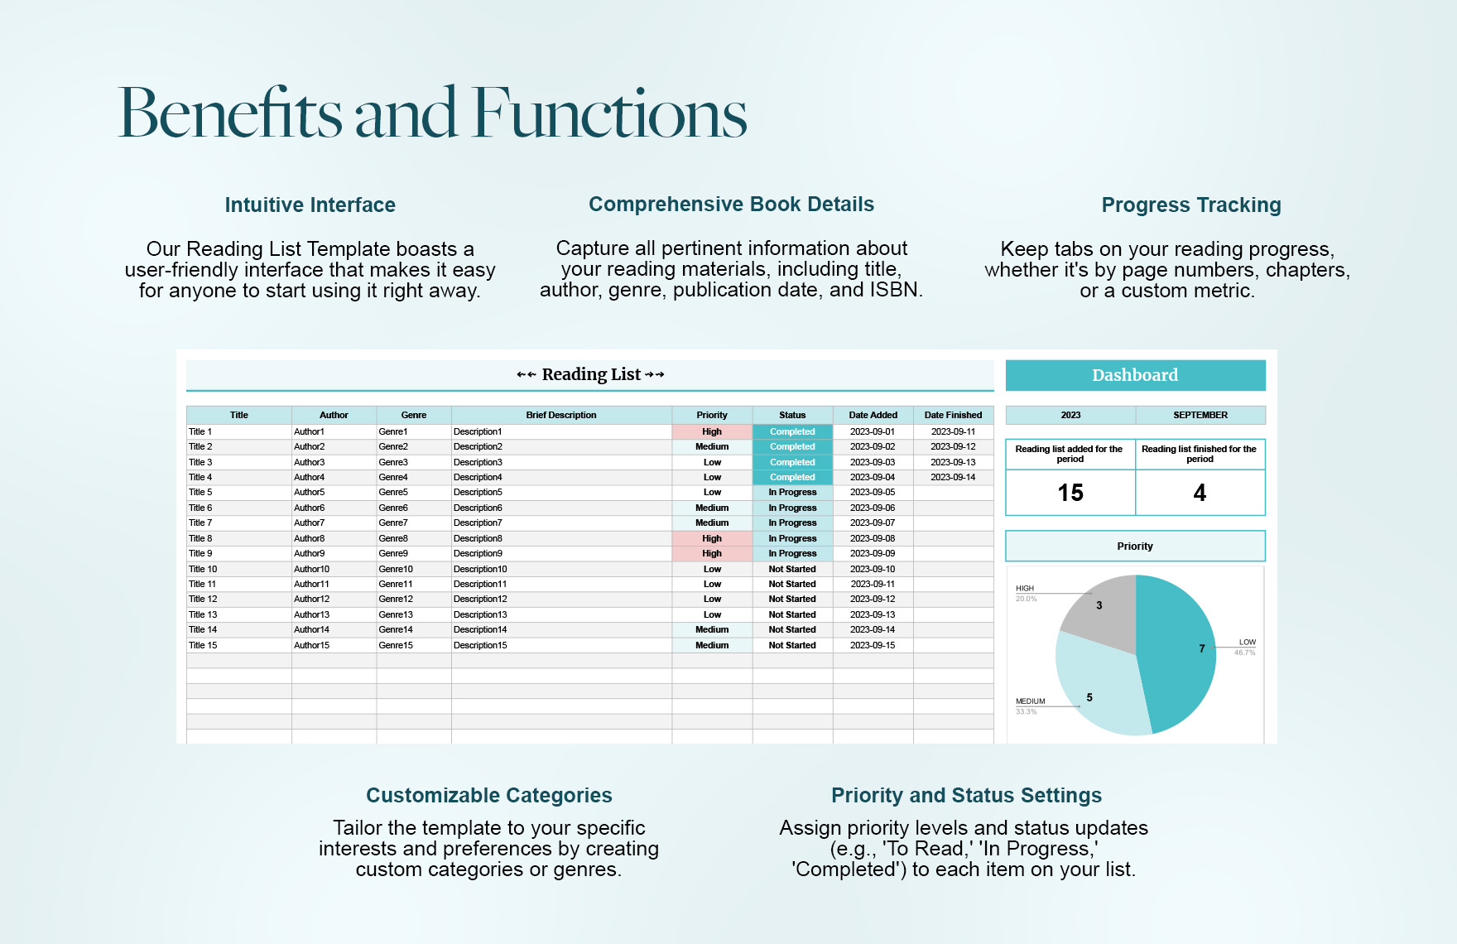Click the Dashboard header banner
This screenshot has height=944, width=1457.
pos(1135,375)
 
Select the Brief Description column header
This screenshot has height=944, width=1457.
pos(560,415)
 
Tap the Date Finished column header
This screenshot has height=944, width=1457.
pos(953,415)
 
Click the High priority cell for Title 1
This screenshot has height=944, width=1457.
pos(712,431)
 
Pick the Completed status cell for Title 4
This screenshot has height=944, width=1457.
pos(792,477)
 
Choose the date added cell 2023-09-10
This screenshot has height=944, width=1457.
pos(873,569)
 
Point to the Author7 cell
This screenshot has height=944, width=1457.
pos(310,523)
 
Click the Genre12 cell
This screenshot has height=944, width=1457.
pos(396,599)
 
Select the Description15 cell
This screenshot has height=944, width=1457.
pos(480,645)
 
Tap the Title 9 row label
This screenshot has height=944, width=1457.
pos(200,553)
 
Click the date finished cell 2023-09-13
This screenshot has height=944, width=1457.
pos(953,462)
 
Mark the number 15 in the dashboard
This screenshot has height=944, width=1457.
pos(1070,493)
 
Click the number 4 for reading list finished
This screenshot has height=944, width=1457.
pos(1200,493)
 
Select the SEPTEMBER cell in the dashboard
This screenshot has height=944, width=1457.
pos(1200,415)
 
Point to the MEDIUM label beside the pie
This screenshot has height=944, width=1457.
pos(1031,701)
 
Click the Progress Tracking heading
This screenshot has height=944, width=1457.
pos(1191,205)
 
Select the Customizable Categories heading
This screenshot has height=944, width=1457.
pos(489,795)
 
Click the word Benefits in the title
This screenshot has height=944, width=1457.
pos(230,113)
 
